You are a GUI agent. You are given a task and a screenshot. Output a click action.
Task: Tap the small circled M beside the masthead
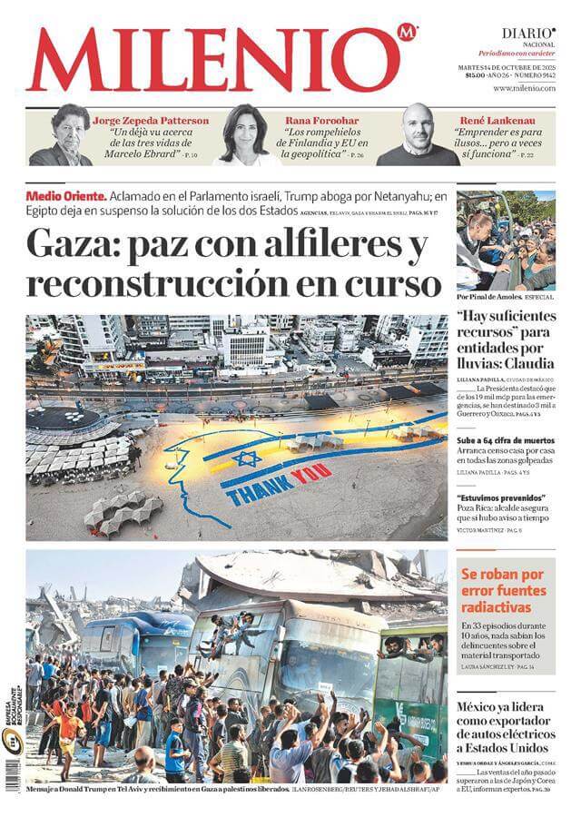pyautogui.click(x=408, y=34)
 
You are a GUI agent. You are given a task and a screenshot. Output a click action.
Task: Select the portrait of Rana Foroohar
pyautogui.click(x=243, y=135)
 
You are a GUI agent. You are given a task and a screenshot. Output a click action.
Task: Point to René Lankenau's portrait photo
pyautogui.click(x=418, y=135)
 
